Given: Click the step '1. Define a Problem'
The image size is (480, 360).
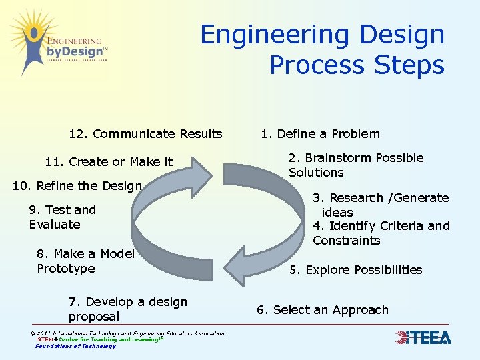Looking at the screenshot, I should coord(320,134).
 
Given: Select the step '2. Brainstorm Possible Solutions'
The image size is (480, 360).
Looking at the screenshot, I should coord(355,165).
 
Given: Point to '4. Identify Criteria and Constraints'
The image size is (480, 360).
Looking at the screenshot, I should coord(381,233).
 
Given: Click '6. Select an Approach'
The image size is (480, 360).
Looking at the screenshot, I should coord(322,310).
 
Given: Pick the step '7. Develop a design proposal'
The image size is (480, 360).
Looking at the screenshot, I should coord(127,309).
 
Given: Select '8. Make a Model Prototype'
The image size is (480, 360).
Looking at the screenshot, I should coord(85,261).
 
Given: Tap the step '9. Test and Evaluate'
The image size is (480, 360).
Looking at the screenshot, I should coord(63,217).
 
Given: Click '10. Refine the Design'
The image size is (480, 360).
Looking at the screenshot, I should coord(77,186).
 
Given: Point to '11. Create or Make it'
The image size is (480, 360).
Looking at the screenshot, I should coord(109,162).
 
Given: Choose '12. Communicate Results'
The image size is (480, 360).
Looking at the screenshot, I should coord(145,134).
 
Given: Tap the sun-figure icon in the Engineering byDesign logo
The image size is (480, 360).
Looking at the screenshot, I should coord(28,40).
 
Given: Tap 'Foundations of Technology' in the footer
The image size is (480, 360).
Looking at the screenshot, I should coord(75,346).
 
